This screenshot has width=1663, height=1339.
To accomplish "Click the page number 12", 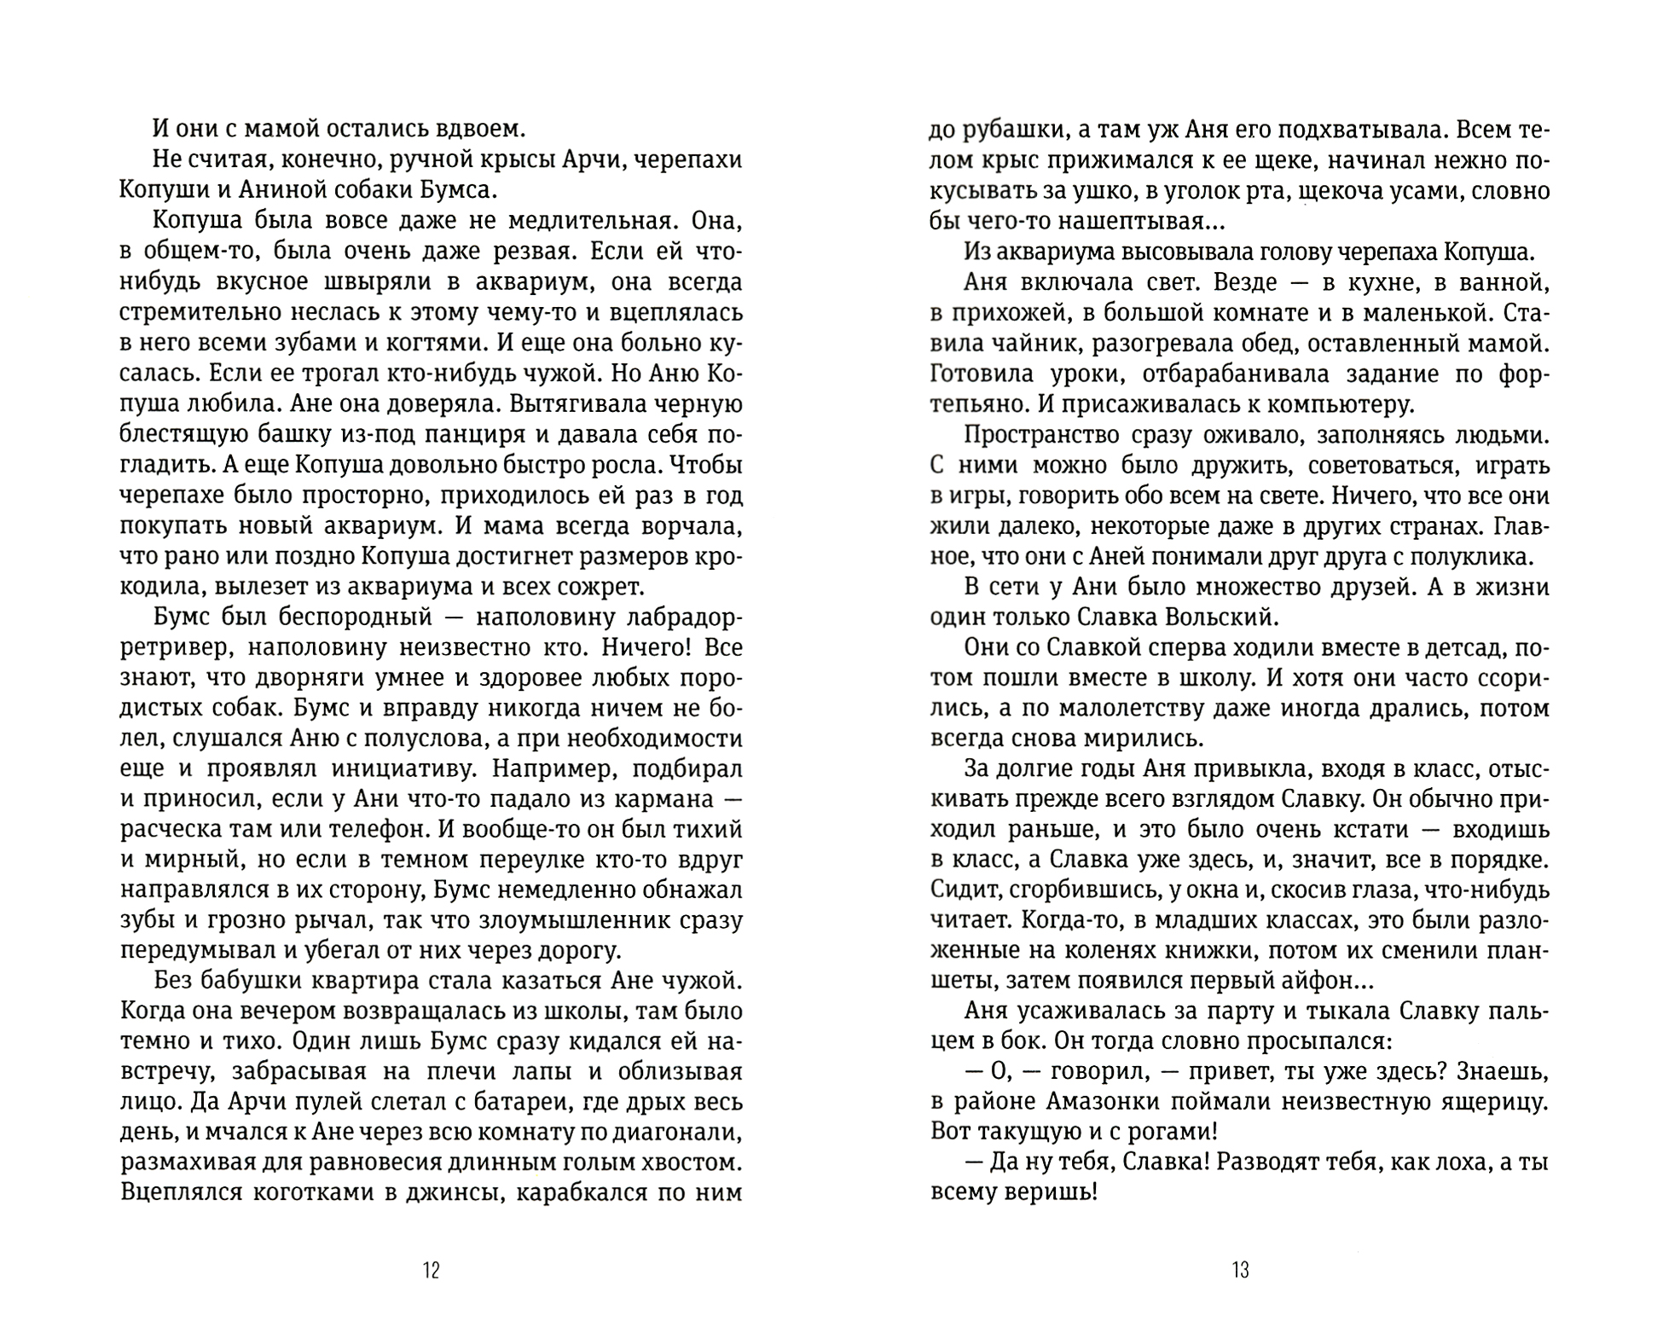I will coord(431,1271).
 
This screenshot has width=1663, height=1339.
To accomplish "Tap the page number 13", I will coord(1240,1271).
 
